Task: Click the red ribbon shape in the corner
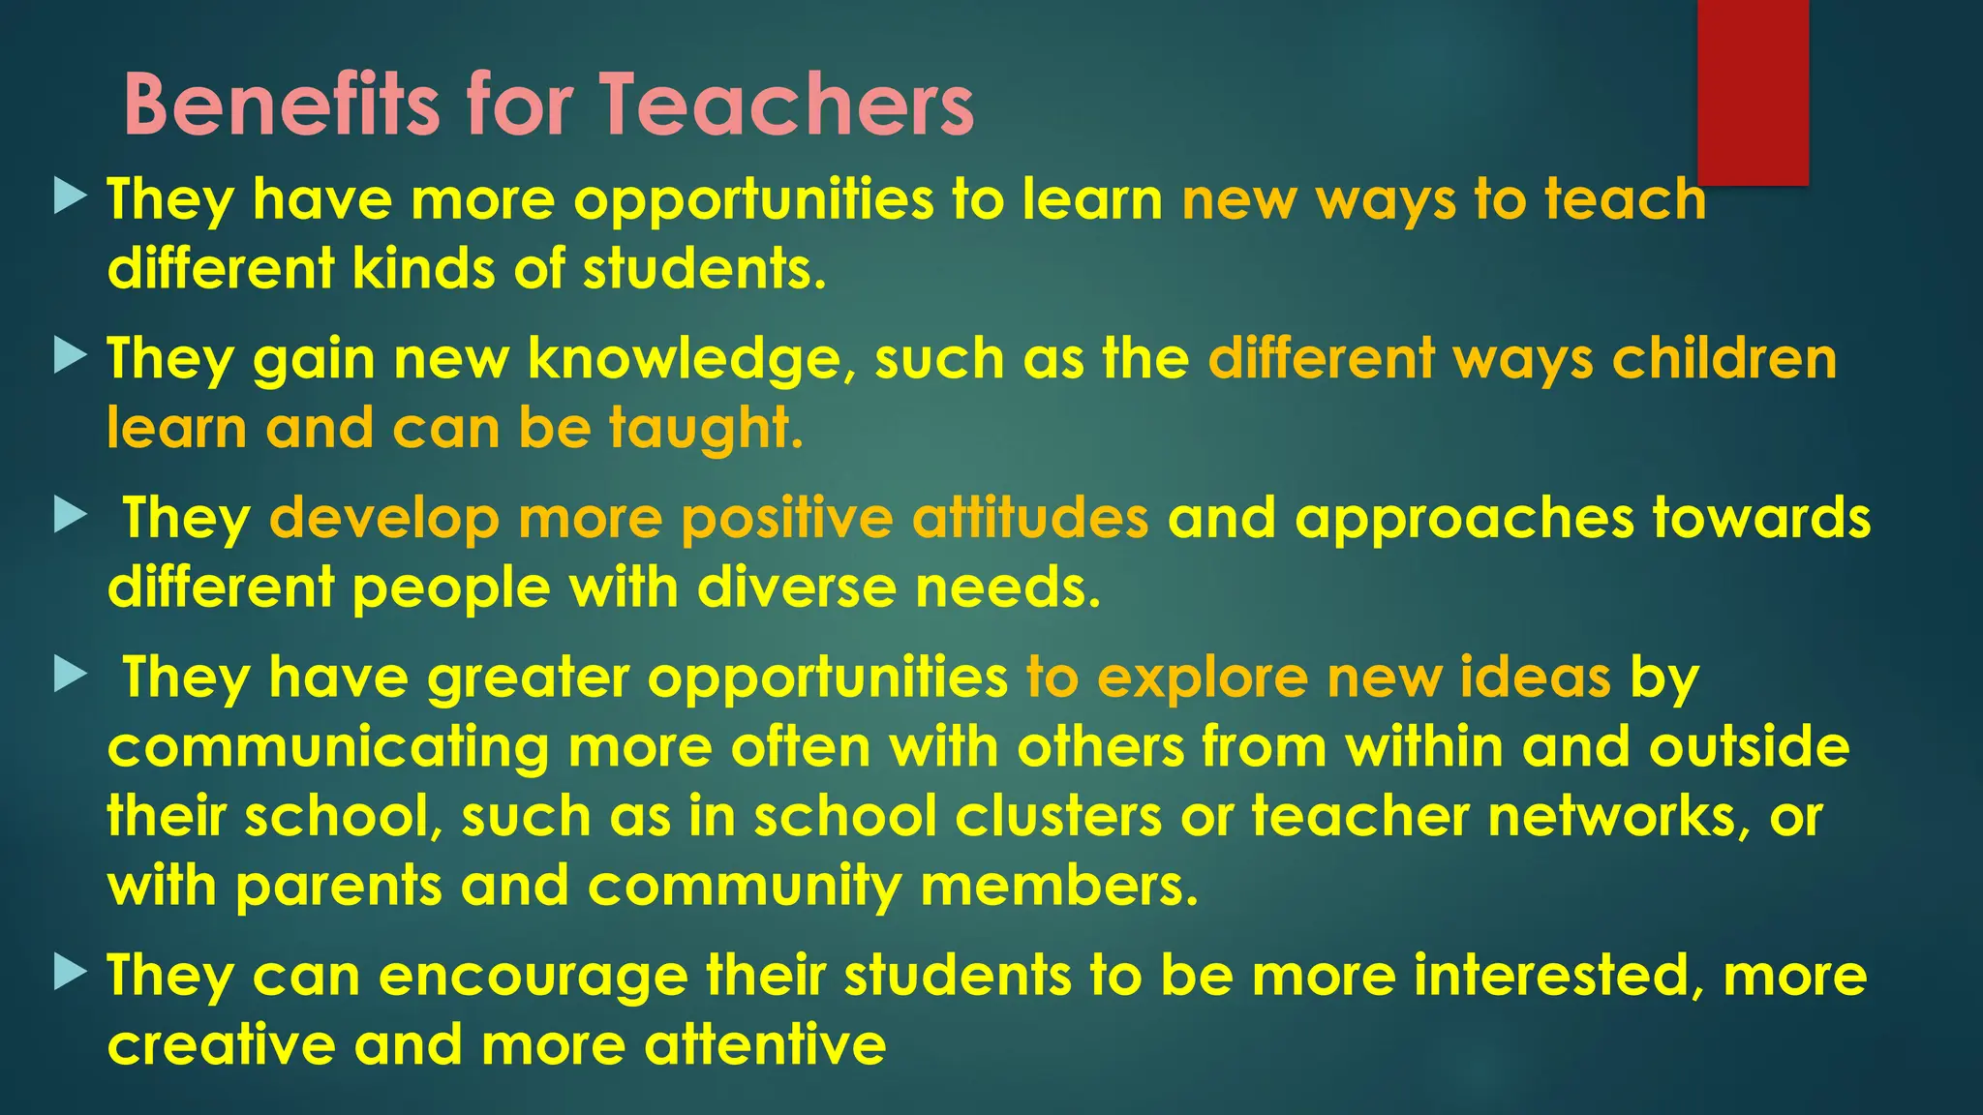coord(1753,91)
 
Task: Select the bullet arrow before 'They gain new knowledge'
coord(71,355)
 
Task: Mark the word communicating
coord(328,748)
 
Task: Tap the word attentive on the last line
coord(765,1044)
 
